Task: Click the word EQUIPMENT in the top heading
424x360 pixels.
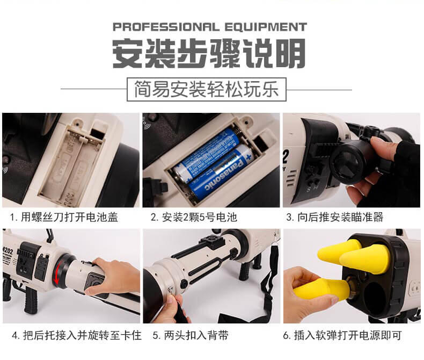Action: pyautogui.click(x=266, y=27)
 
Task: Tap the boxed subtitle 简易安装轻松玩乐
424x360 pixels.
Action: pyautogui.click(x=207, y=89)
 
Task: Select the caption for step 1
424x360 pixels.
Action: pyautogui.click(x=64, y=218)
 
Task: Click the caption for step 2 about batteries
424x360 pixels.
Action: pyautogui.click(x=194, y=218)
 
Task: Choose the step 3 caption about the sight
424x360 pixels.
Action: pyautogui.click(x=335, y=218)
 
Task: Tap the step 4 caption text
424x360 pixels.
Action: pyautogui.click(x=77, y=336)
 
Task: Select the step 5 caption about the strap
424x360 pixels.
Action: pyautogui.click(x=191, y=336)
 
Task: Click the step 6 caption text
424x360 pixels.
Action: pyautogui.click(x=342, y=336)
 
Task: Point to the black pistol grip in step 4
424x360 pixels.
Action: pyautogui.click(x=31, y=300)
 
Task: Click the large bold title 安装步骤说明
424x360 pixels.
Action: pyautogui.click(x=209, y=53)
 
